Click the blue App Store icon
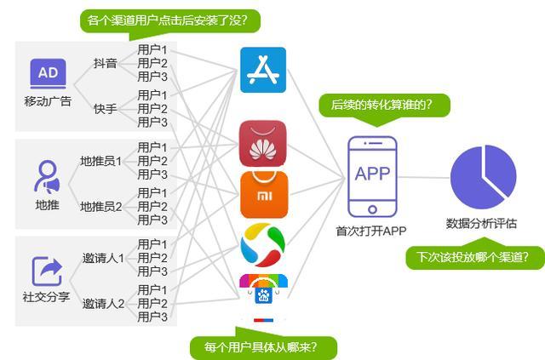click(x=263, y=70)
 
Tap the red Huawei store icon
click(x=263, y=144)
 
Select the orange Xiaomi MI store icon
click(x=263, y=194)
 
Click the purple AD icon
click(x=49, y=74)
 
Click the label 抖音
click(x=105, y=63)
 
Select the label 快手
click(x=105, y=109)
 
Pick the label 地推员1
click(x=100, y=160)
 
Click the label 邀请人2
click(x=103, y=303)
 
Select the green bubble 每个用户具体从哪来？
click(x=264, y=347)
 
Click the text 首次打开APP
click(x=371, y=231)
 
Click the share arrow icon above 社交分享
click(x=48, y=271)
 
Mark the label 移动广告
click(x=48, y=102)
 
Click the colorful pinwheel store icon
click(x=263, y=243)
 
